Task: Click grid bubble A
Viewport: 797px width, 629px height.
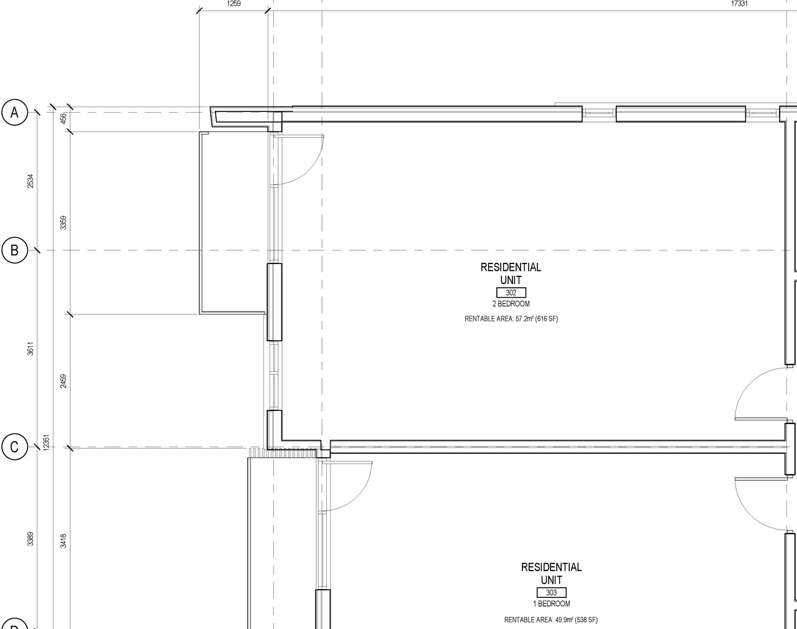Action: coord(15,113)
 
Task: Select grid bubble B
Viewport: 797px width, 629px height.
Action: coord(15,250)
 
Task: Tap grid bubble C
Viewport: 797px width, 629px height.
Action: coord(15,447)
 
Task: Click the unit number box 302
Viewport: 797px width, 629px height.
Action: coord(511,293)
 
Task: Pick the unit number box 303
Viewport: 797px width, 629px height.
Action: coord(551,593)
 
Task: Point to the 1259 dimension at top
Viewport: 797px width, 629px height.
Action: coord(233,4)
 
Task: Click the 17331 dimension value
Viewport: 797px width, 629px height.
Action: coord(739,4)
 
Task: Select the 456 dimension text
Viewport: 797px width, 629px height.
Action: coord(63,118)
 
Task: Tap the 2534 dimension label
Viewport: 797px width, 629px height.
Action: coord(31,181)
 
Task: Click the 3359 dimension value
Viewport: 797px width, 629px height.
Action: coord(63,222)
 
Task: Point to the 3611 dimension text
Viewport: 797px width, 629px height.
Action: coord(31,349)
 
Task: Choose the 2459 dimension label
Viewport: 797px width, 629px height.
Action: coord(63,381)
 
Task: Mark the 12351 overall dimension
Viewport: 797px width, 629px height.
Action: coord(46,443)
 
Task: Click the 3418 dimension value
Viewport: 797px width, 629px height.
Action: coord(63,541)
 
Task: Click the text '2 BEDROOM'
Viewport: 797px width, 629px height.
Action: coord(511,305)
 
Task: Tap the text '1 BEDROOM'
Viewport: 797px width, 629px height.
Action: coord(551,604)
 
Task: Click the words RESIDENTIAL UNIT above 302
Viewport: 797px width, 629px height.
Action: coord(511,273)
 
